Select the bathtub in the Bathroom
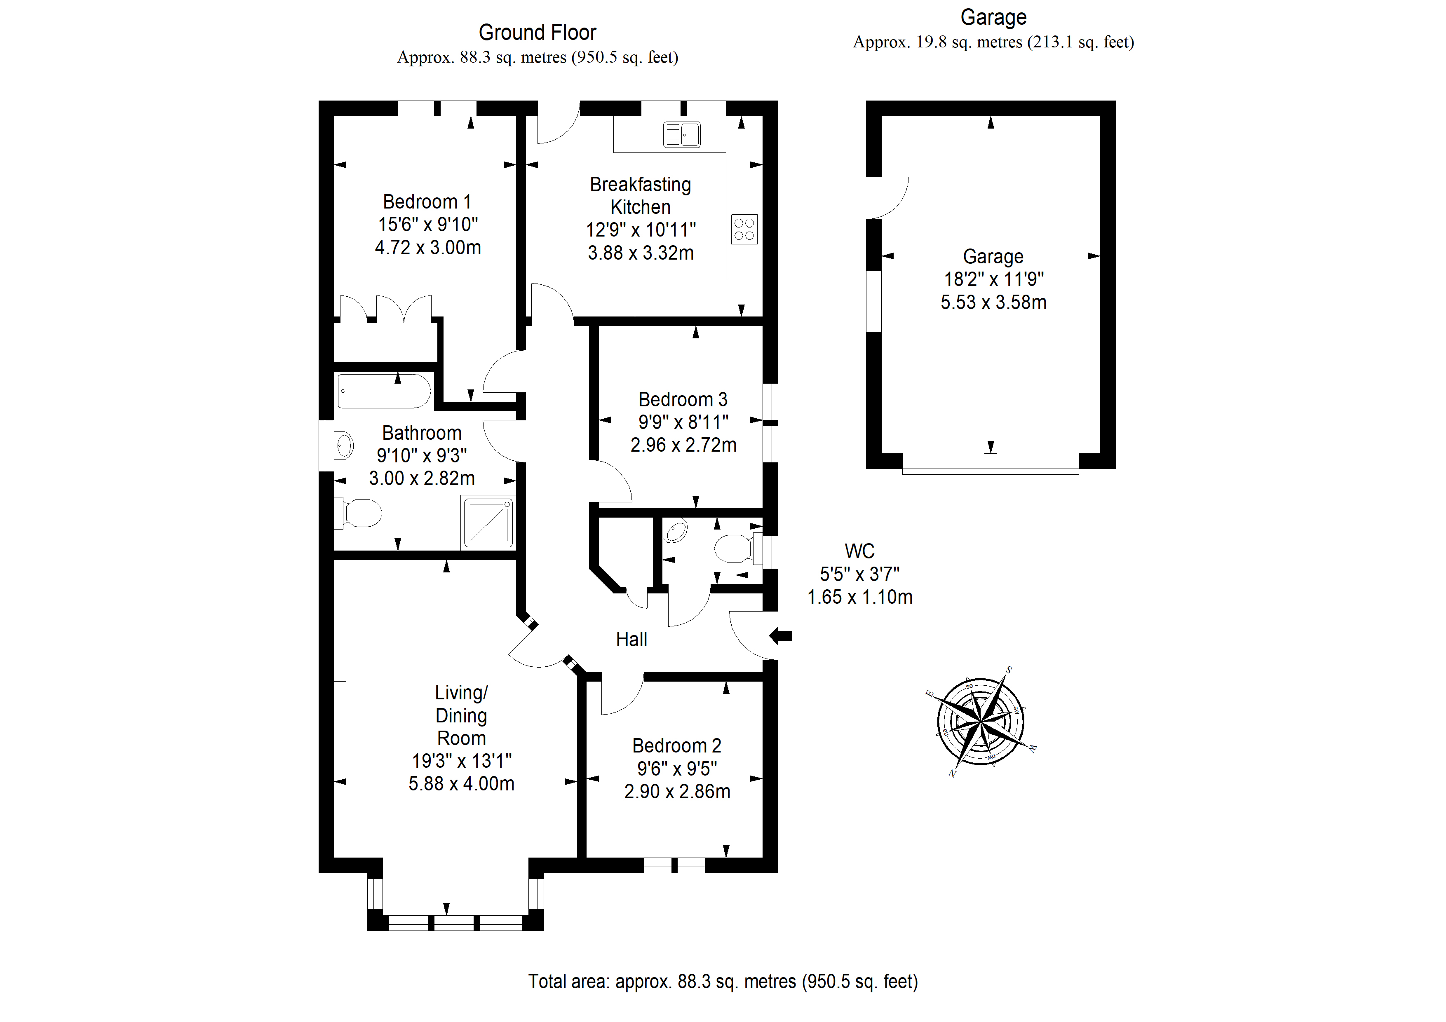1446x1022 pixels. pyautogui.click(x=384, y=391)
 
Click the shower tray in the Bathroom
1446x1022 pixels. pyautogui.click(x=488, y=522)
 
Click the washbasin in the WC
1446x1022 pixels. pyautogui.click(x=676, y=531)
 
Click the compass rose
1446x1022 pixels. pyautogui.click(x=981, y=721)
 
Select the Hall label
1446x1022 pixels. pyautogui.click(x=631, y=640)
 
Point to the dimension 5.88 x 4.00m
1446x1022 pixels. pyautogui.click(x=462, y=784)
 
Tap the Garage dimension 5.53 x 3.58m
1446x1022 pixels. pyautogui.click(x=994, y=302)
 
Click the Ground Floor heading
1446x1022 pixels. pyautogui.click(x=537, y=32)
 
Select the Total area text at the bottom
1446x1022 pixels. pyautogui.click(x=723, y=982)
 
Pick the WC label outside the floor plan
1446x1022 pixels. pyautogui.click(x=860, y=551)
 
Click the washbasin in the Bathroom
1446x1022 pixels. pyautogui.click(x=343, y=445)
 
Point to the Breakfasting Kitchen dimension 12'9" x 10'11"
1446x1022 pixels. pyautogui.click(x=641, y=230)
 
